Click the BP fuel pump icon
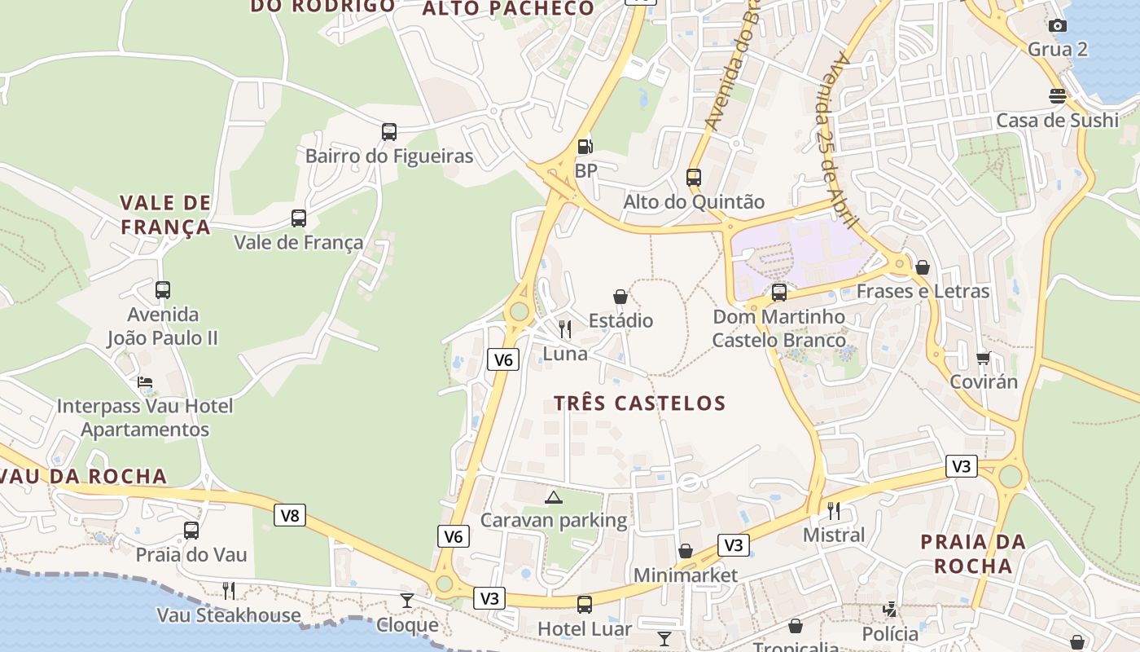[585, 147]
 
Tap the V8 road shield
[289, 515]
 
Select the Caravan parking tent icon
[554, 497]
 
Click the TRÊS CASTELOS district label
[639, 403]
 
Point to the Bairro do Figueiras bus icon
[389, 131]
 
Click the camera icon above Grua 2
[1058, 25]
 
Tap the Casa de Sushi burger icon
[1058, 96]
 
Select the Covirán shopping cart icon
[984, 358]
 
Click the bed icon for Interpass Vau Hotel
[145, 381]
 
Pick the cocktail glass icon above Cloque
[407, 601]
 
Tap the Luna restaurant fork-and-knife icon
[565, 328]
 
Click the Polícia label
[890, 634]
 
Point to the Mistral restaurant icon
[834, 511]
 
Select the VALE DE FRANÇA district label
[166, 214]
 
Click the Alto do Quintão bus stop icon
[694, 177]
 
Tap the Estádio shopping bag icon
[620, 297]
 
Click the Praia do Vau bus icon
[191, 531]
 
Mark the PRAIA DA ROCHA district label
[972, 553]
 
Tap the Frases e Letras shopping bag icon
[923, 267]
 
